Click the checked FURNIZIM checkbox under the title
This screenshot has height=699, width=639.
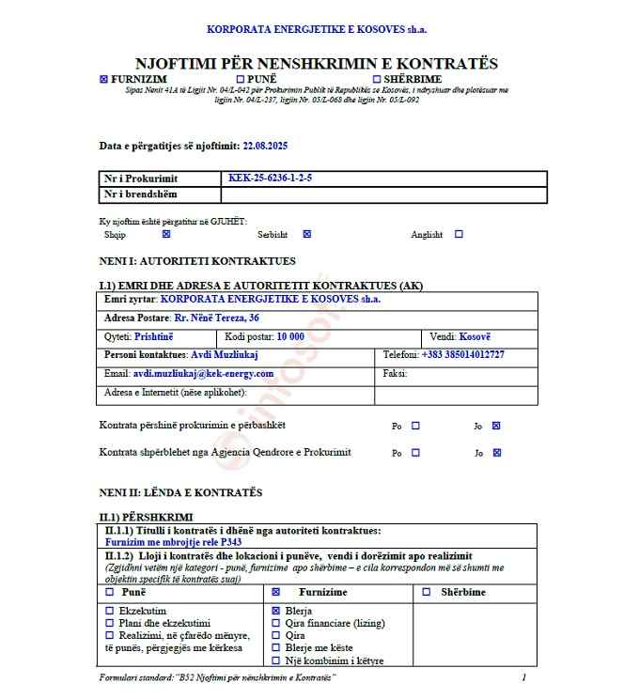103,80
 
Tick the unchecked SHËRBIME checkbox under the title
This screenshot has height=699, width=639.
377,80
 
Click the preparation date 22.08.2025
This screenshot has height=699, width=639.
265,146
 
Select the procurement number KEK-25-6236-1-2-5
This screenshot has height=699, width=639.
271,178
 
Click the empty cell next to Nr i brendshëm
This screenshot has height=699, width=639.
383,194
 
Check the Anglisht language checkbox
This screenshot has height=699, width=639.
459,235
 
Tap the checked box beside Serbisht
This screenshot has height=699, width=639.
306,235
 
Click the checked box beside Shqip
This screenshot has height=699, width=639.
166,235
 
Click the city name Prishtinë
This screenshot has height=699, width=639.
153,336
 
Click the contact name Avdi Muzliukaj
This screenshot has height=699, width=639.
225,354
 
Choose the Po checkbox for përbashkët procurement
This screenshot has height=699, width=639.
415,426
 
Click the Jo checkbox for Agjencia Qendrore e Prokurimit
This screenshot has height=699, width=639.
497,453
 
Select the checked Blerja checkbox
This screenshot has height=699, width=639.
275,611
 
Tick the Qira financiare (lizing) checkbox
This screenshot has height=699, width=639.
275,623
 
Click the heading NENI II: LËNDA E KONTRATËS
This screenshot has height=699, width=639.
180,492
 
